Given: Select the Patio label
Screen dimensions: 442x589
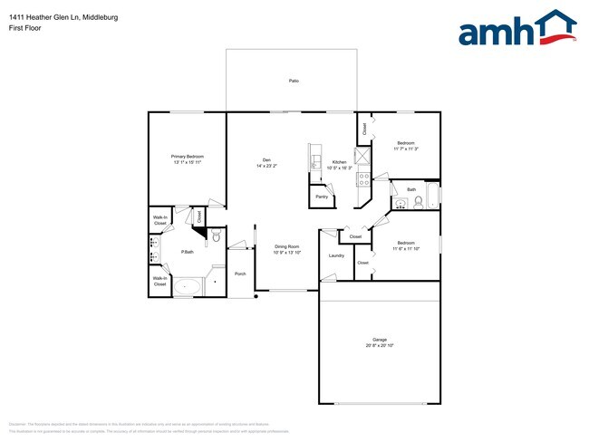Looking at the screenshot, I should click(x=294, y=82).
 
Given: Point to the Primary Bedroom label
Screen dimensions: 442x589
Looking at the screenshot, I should click(x=188, y=157).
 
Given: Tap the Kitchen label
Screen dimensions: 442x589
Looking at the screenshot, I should click(x=339, y=162).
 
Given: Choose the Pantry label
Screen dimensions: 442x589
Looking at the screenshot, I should click(x=322, y=197).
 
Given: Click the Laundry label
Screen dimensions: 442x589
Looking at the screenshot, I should click(x=336, y=255).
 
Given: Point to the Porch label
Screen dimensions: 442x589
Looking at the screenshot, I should click(x=240, y=274).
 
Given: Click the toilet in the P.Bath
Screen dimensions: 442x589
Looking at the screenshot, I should click(x=214, y=237).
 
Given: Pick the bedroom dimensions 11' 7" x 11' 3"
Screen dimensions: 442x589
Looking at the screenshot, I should click(x=405, y=149).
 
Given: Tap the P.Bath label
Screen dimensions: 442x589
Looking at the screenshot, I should click(x=188, y=252).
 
